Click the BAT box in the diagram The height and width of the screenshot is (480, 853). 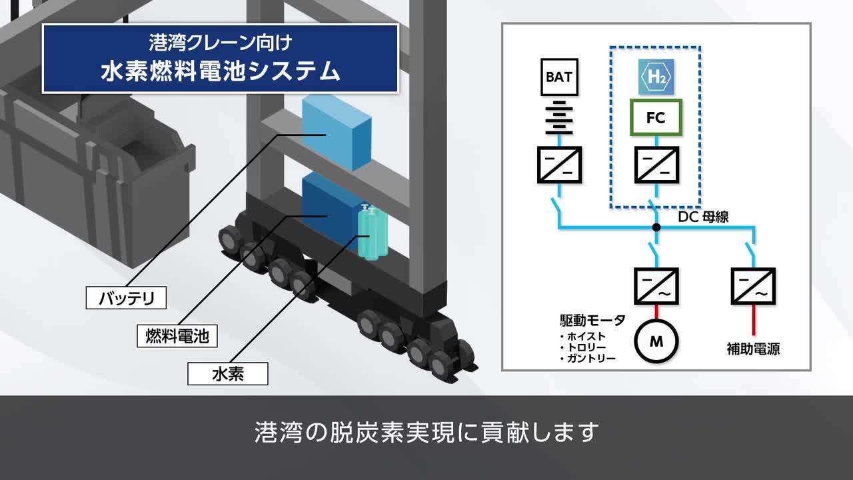click(558, 77)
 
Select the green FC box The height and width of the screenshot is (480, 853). click(656, 118)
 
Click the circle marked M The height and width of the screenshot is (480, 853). click(656, 341)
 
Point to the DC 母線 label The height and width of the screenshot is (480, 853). click(703, 217)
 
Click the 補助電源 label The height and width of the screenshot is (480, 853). click(753, 348)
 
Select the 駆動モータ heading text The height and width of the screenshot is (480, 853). click(592, 321)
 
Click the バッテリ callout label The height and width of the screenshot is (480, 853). click(126, 298)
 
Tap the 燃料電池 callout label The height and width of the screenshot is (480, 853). click(177, 335)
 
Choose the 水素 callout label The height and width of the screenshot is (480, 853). click(227, 373)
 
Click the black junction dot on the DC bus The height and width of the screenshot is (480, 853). click(656, 227)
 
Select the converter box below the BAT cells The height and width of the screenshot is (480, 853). click(558, 165)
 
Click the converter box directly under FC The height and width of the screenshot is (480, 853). click(656, 165)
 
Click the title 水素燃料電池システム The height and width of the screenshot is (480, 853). click(220, 71)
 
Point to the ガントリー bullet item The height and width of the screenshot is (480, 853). click(590, 359)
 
